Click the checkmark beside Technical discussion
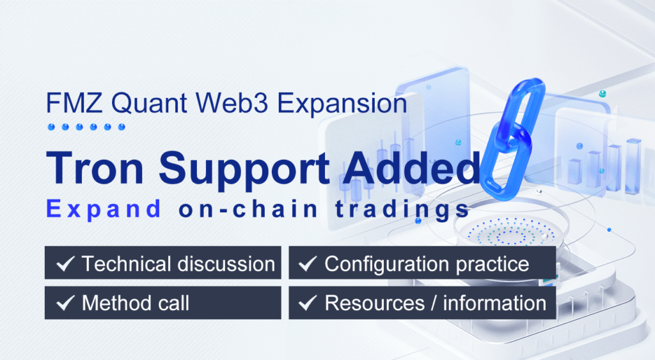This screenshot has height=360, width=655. pos(64,263)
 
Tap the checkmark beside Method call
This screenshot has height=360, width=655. pos(64,302)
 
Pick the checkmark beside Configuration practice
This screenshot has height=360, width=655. pos(308,263)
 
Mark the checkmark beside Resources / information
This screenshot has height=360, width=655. pos(308,302)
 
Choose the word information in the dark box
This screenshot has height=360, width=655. pos(494,302)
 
